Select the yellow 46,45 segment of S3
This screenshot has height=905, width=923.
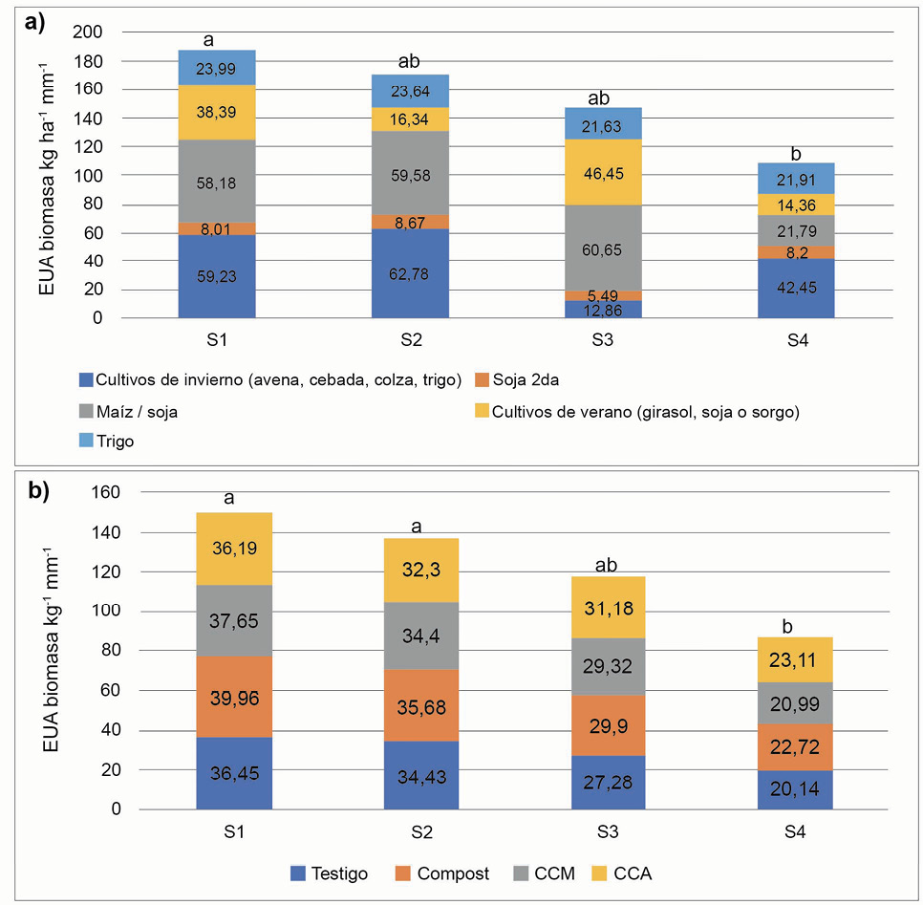(x=603, y=172)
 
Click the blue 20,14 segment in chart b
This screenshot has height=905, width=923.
(x=796, y=790)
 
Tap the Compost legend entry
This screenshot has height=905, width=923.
(x=446, y=873)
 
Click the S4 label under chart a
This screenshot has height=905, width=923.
(x=796, y=337)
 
